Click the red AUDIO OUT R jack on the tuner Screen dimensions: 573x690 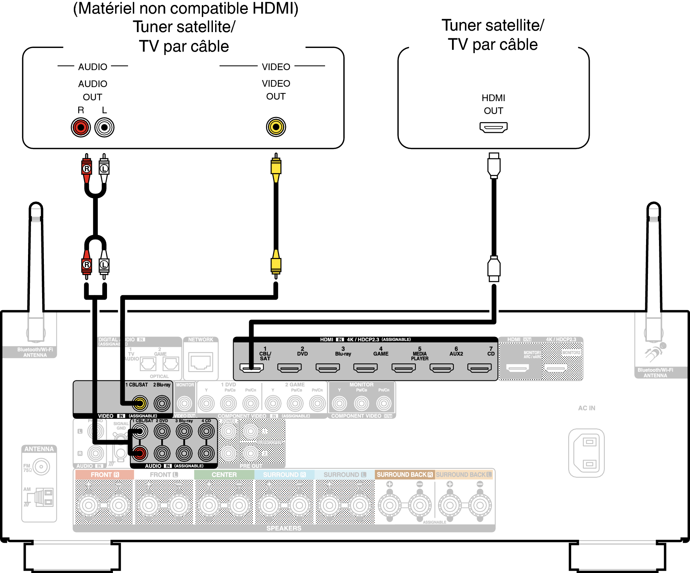(81, 127)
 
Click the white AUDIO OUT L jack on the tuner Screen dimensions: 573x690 (104, 127)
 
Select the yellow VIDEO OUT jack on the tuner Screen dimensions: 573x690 (276, 127)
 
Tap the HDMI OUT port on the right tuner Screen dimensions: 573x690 (493, 127)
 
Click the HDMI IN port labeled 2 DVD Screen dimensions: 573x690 (290, 367)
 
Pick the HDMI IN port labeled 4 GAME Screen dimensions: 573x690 (366, 367)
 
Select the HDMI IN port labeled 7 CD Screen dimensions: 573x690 (479, 367)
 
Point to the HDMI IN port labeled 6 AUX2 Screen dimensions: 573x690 (442, 367)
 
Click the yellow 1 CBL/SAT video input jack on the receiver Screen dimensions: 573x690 (140, 403)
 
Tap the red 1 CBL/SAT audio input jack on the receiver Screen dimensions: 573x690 (140, 453)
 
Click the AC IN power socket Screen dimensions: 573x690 (586, 453)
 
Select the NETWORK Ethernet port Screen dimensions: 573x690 (200, 362)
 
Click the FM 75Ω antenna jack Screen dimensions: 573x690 (41, 467)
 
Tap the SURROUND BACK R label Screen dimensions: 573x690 (404, 474)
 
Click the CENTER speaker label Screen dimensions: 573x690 (224, 474)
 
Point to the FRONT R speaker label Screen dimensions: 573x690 (104, 474)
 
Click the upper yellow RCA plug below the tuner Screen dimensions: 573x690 (276, 167)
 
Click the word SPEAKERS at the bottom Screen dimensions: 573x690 (284, 528)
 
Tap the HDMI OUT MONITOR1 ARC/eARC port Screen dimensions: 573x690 (517, 367)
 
